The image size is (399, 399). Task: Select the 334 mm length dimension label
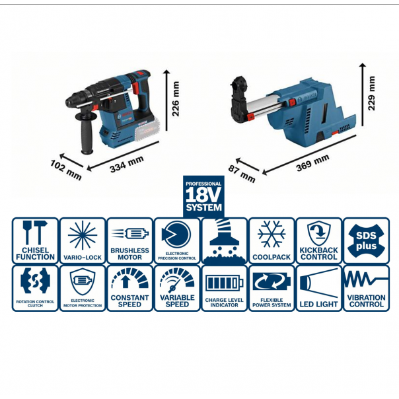[126, 163]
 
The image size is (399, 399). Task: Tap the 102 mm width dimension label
[65, 169]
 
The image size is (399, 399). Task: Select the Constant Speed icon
[129, 288]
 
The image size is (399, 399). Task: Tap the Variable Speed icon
[176, 288]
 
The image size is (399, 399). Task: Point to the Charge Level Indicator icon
[224, 288]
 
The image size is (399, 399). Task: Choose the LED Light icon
[318, 288]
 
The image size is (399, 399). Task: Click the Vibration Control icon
[365, 288]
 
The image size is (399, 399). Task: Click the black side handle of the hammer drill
[87, 136]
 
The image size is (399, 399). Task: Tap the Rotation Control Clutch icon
[35, 288]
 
